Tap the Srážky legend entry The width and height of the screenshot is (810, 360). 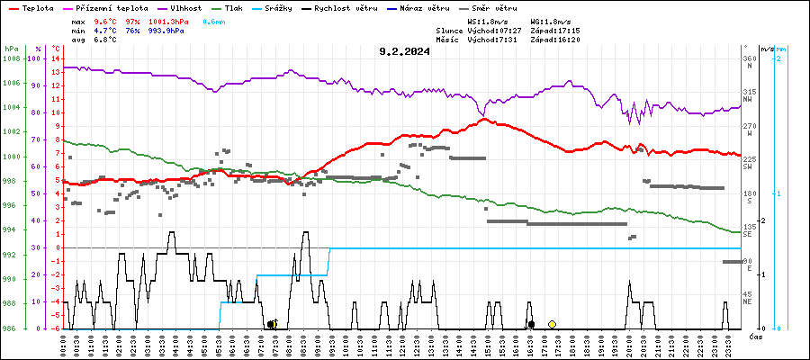pyautogui.click(x=277, y=8)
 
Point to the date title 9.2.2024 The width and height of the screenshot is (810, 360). pyautogui.click(x=404, y=51)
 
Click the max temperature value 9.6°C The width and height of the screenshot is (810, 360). pyautogui.click(x=105, y=21)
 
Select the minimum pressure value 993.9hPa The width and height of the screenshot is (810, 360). pyautogui.click(x=166, y=30)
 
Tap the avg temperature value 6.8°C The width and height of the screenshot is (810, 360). pyautogui.click(x=105, y=39)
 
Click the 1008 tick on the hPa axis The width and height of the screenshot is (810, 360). pyautogui.click(x=12, y=58)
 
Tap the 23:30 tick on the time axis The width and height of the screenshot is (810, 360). pyautogui.click(x=725, y=346)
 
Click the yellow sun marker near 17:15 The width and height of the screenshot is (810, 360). pyautogui.click(x=553, y=324)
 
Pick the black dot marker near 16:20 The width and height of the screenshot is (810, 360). pyautogui.click(x=532, y=324)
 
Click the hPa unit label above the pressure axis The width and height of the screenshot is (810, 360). pyautogui.click(x=11, y=48)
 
